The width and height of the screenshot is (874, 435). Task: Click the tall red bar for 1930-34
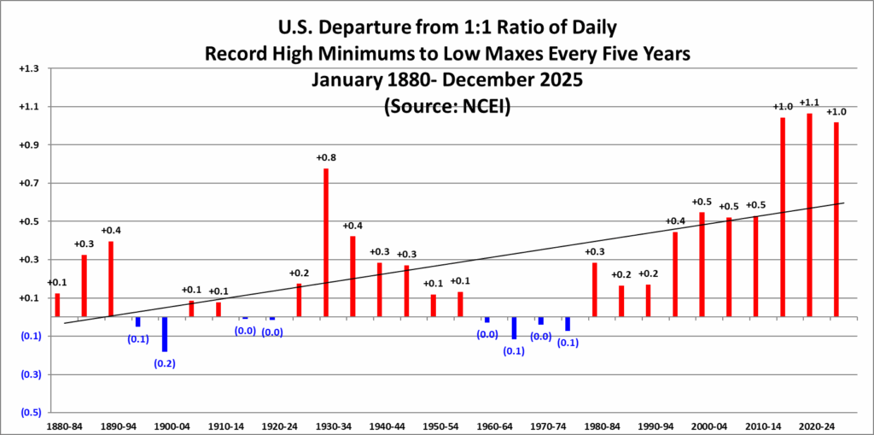tap(326, 242)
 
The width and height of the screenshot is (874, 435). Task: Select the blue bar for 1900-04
tap(165, 334)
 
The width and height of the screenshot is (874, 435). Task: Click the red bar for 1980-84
tap(594, 289)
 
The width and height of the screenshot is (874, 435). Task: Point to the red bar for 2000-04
tap(702, 264)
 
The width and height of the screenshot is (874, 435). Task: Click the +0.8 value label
tap(327, 158)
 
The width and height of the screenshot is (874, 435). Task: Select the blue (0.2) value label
tap(165, 364)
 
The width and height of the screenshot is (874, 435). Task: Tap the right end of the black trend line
tap(844, 203)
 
